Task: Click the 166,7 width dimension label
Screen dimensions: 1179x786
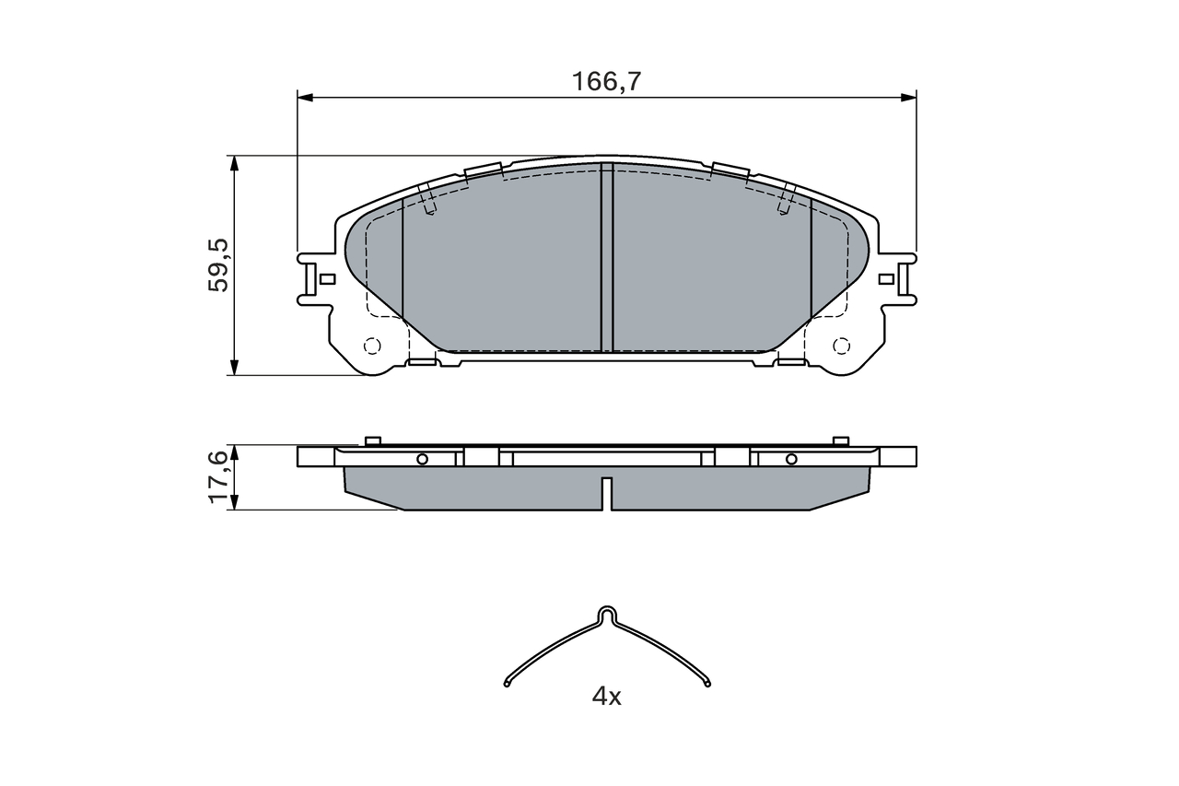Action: coord(606,82)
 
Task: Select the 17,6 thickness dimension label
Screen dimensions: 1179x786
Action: coord(218,477)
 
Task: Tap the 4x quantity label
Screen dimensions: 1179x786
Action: coord(606,697)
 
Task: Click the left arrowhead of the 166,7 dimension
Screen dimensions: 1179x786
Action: coord(305,98)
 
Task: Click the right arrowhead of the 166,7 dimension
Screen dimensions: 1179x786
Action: coord(908,98)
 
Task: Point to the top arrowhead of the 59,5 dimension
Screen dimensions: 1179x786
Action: coord(235,163)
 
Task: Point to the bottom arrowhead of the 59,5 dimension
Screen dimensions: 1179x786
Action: coord(235,368)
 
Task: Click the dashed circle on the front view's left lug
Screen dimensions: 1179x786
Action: coord(372,346)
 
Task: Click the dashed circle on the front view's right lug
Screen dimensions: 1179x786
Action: coord(841,346)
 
